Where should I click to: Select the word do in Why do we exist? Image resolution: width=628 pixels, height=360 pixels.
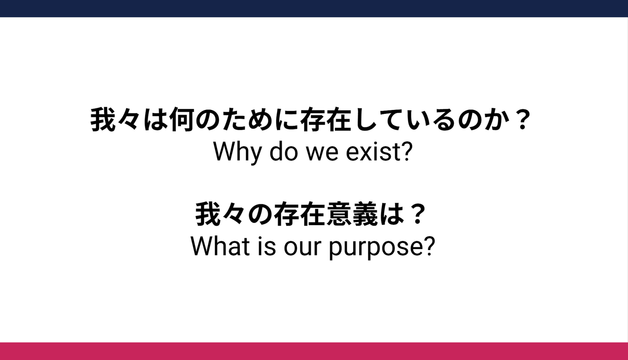(283, 151)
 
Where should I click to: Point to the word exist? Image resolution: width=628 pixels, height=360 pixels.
(372, 152)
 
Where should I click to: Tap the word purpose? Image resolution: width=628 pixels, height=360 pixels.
(375, 248)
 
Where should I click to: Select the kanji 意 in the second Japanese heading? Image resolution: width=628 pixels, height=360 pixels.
(339, 214)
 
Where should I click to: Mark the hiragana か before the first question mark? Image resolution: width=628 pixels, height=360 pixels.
(495, 119)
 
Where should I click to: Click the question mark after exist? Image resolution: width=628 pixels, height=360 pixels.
(406, 151)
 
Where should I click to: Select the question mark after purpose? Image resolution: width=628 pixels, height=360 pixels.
(429, 246)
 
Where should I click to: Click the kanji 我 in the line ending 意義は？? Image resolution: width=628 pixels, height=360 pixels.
(208, 214)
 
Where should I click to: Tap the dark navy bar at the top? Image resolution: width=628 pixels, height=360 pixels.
(314, 8)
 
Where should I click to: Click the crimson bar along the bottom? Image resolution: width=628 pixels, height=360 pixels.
(314, 351)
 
